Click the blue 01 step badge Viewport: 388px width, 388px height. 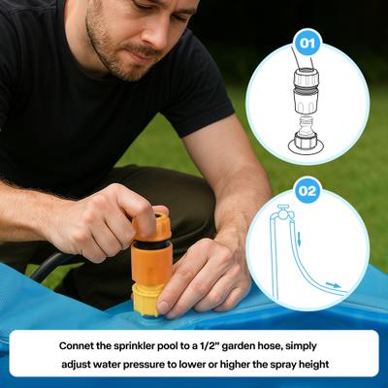click(307, 43)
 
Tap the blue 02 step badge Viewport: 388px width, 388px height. click(307, 190)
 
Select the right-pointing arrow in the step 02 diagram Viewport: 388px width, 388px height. click(333, 285)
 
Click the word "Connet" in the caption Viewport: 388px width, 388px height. click(83, 345)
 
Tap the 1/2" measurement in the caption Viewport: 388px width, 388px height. click(251, 345)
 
